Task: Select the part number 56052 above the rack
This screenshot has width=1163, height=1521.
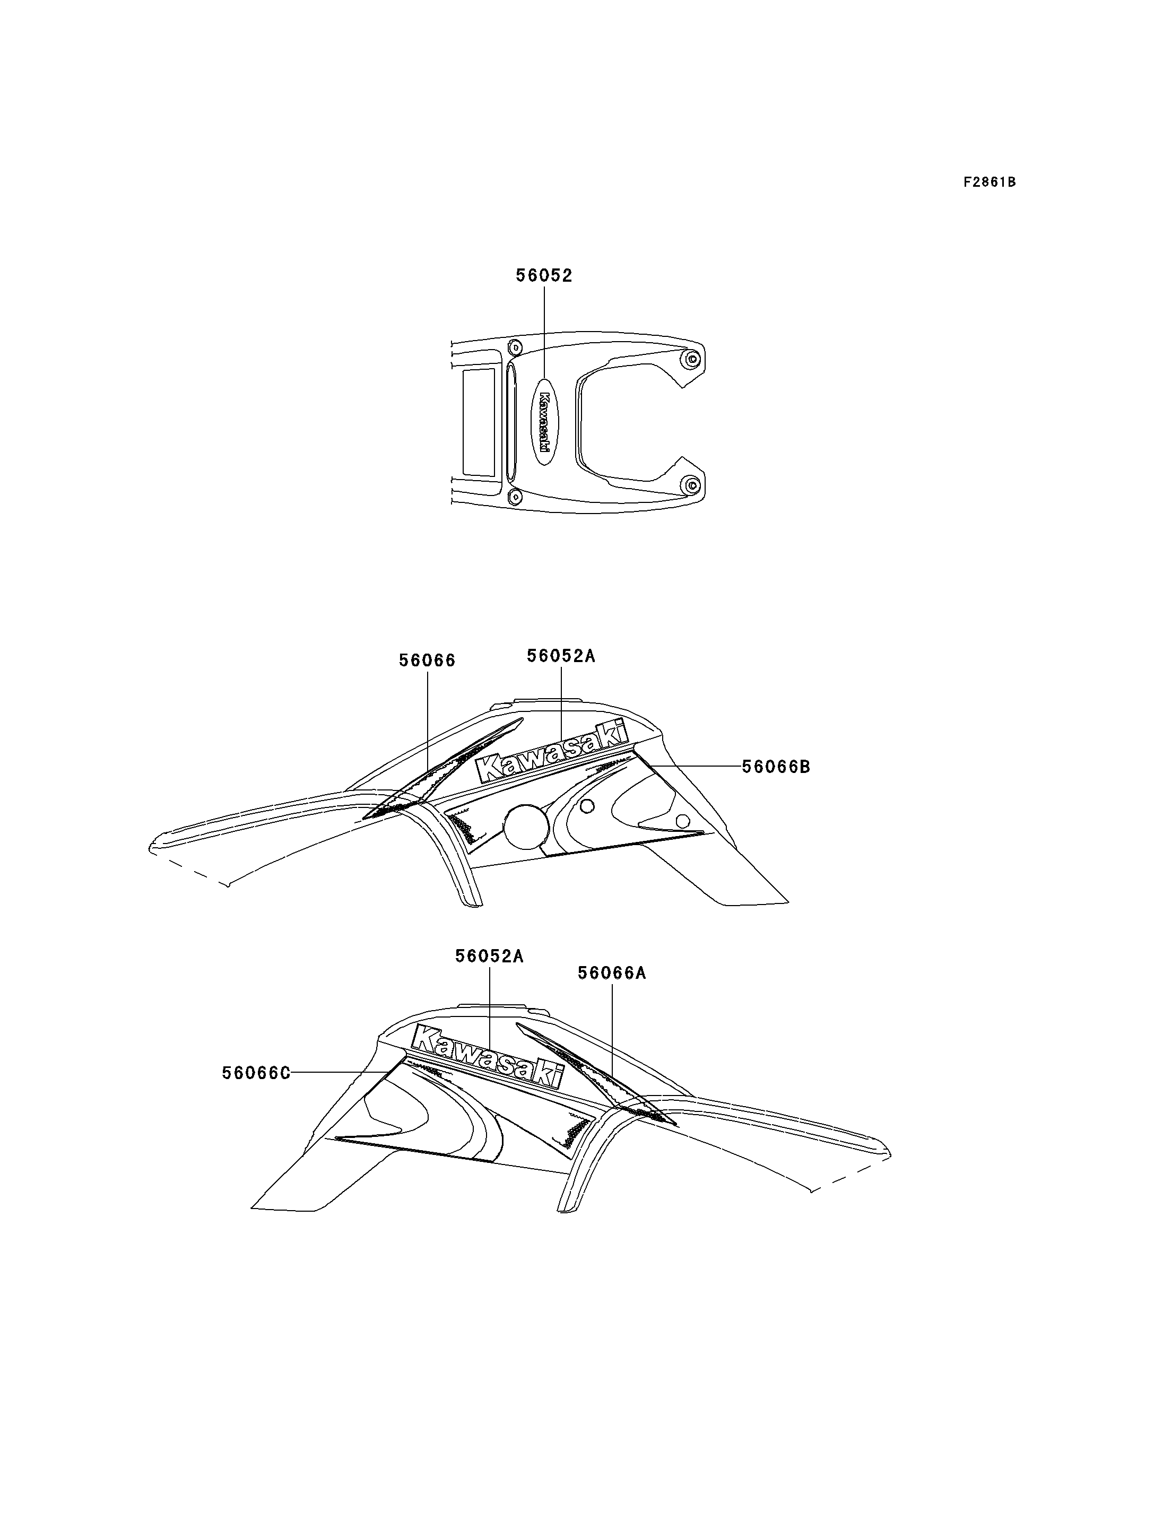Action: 544,275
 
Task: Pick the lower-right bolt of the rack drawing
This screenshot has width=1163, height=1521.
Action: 690,485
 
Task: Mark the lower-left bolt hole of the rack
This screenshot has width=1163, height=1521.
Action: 515,497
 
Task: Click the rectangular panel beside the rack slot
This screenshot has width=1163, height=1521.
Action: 479,422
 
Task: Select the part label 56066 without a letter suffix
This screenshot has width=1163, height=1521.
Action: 427,660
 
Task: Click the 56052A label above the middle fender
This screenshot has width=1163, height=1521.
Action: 561,656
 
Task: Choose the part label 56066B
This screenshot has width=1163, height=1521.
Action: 776,767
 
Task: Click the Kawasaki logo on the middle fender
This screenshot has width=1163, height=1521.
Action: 552,752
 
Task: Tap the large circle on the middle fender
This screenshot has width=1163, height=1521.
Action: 527,827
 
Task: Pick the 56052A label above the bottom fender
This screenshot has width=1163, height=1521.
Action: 489,956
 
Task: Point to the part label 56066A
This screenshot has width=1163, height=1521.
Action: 612,974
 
